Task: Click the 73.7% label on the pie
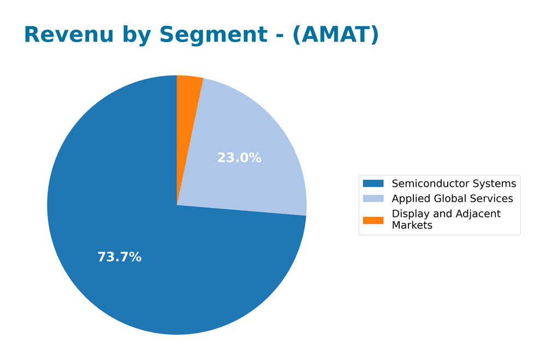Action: (x=120, y=257)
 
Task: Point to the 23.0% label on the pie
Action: (x=239, y=158)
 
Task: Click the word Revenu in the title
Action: (x=69, y=35)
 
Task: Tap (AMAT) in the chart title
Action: (x=336, y=35)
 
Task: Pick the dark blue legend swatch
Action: (x=373, y=184)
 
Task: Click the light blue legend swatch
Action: (x=373, y=198)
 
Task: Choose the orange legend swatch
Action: (x=373, y=220)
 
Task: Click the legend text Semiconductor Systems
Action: (x=454, y=184)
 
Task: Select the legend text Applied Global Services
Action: (x=452, y=198)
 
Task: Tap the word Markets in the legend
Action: (x=412, y=225)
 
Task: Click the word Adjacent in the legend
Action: (x=478, y=214)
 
